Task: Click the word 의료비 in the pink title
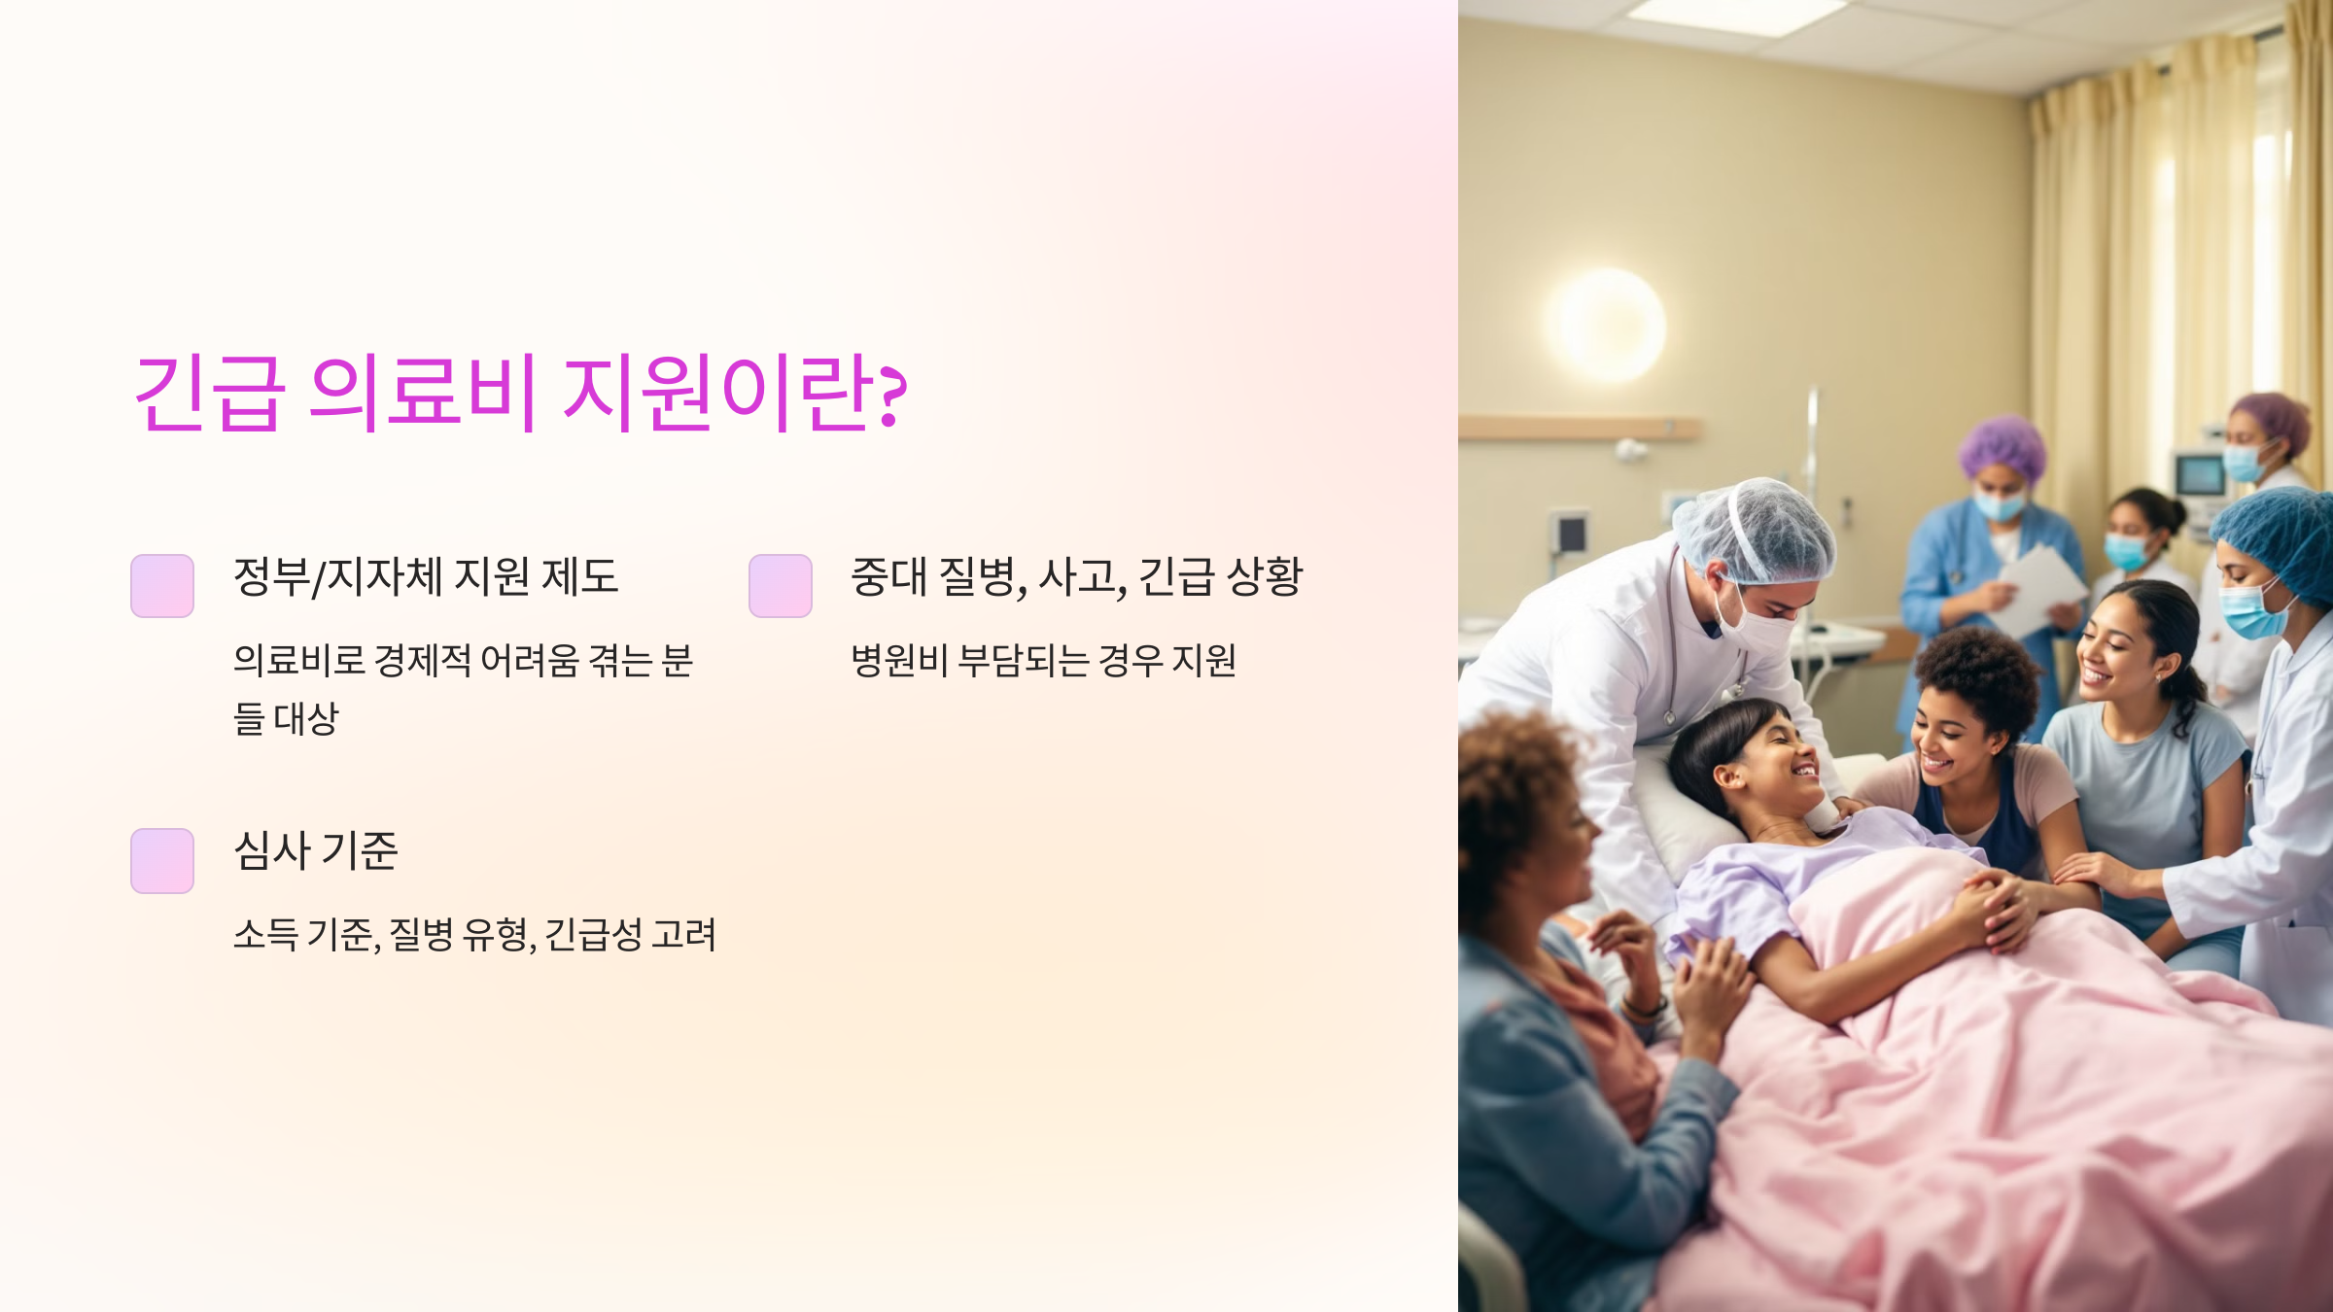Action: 422,393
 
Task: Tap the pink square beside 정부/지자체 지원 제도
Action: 162,586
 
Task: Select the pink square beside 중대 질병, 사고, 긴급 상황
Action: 781,586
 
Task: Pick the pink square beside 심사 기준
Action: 162,860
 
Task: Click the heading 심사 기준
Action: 316,851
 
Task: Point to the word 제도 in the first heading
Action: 579,576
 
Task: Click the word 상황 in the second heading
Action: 1264,576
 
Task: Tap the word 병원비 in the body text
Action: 899,661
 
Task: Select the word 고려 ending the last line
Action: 684,935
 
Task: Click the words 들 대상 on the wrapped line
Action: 286,719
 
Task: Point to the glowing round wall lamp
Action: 1605,327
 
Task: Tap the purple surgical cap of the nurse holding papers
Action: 2002,450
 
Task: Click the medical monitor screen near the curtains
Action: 2200,477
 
